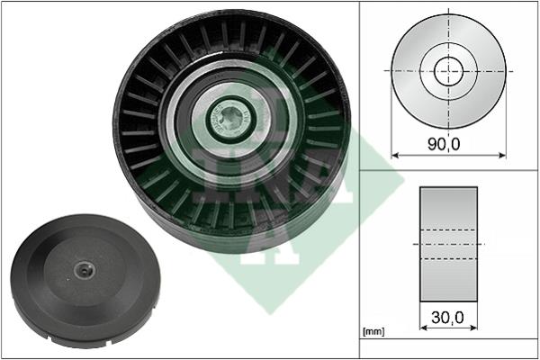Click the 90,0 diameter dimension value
tap(444, 144)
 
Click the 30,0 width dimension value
tap(447, 318)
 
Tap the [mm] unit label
tap(373, 331)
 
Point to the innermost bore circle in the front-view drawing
tap(449, 71)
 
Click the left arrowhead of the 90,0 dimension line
tap(395, 156)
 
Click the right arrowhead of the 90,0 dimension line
tap(502, 156)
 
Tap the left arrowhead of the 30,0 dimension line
tap(424, 328)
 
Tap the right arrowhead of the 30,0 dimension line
tap(473, 328)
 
